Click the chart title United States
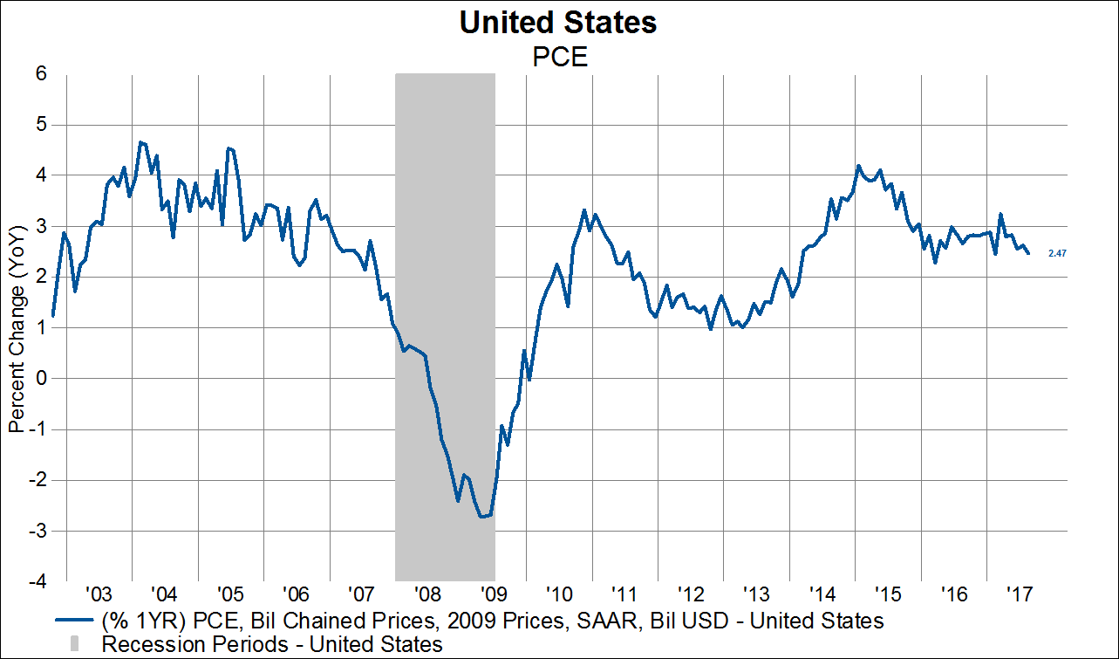[558, 24]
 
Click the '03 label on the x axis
[99, 595]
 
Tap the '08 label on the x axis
[427, 595]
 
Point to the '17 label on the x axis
[1019, 595]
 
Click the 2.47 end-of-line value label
[1058, 253]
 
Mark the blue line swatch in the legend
[75, 621]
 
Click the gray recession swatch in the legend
[75, 645]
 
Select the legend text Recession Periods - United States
[272, 645]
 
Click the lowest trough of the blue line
[481, 517]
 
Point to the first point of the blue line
[53, 315]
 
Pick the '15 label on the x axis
[887, 595]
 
